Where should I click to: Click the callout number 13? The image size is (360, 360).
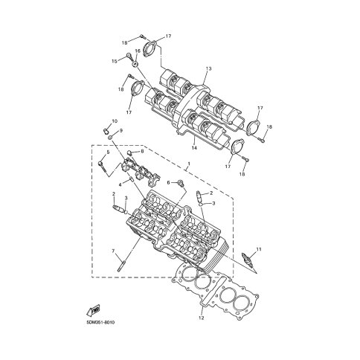208,68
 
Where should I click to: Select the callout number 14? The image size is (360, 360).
194,148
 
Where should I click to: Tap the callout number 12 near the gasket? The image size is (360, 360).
202,318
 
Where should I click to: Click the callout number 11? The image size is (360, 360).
259,248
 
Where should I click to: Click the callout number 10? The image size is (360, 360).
115,121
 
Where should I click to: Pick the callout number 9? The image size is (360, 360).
121,130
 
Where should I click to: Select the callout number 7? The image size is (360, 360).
113,251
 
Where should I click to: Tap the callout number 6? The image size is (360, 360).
168,183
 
